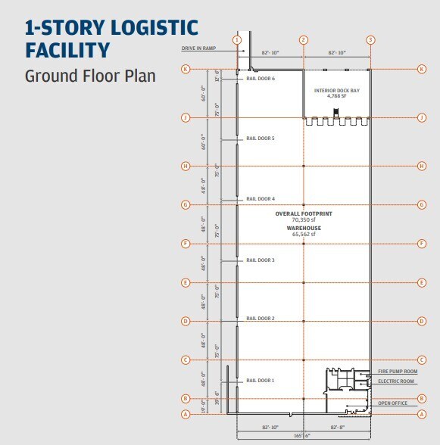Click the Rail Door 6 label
[x=261, y=79]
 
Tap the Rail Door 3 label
[x=261, y=260]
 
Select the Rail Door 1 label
[x=261, y=380]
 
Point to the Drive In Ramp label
[x=198, y=48]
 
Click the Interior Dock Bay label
[x=337, y=91]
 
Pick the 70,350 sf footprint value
[x=304, y=219]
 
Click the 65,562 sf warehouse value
[x=304, y=234]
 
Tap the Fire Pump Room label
[x=398, y=371]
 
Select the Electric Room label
[x=396, y=381]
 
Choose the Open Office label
[x=392, y=403]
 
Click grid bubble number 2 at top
[x=304, y=40]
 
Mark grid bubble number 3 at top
[x=370, y=40]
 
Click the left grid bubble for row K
[x=186, y=69]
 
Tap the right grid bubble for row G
[x=422, y=204]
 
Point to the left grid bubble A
[x=186, y=415]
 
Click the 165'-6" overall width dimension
[x=304, y=436]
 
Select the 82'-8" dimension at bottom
[x=338, y=427]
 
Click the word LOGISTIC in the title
[x=154, y=27]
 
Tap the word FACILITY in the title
[x=67, y=50]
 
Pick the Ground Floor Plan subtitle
[x=90, y=76]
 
